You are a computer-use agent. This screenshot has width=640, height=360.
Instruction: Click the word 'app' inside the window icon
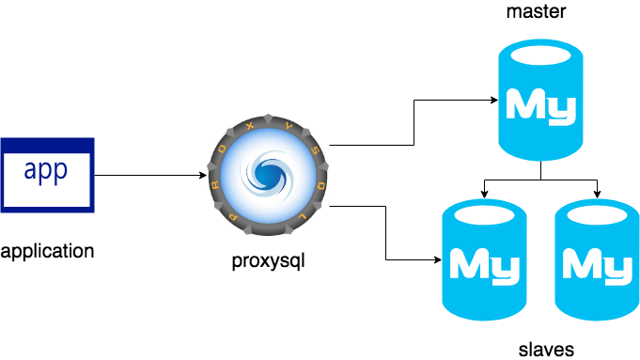(47, 172)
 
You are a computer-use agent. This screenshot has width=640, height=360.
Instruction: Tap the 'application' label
(48, 251)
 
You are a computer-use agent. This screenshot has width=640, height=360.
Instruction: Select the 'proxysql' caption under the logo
(269, 258)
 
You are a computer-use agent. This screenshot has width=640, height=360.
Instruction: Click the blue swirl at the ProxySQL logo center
(269, 173)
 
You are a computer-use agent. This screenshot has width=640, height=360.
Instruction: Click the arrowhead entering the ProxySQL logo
(202, 176)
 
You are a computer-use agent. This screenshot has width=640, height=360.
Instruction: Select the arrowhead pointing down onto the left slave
(483, 195)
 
